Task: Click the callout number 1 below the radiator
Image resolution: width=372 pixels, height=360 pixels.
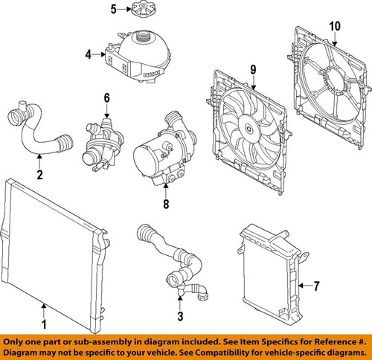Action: [44, 324]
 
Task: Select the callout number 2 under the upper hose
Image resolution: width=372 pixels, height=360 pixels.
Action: [39, 175]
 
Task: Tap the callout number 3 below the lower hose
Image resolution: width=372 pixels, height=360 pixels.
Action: [180, 316]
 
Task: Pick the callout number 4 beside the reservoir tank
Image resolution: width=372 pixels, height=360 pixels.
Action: [89, 54]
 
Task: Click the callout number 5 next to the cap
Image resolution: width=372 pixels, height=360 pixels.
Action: [113, 10]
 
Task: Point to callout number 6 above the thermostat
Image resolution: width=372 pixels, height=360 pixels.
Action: [106, 98]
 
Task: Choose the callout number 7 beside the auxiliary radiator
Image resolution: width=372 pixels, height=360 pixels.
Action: [316, 286]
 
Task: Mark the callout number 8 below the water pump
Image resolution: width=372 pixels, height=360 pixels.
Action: [166, 204]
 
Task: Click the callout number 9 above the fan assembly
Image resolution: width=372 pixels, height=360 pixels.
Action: [253, 70]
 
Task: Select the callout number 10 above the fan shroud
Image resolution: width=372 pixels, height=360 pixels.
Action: [335, 26]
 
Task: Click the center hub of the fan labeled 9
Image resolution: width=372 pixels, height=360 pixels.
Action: [248, 129]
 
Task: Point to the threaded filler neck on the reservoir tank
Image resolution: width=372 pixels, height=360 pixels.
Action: [142, 37]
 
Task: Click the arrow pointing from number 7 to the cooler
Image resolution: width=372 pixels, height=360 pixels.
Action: [304, 286]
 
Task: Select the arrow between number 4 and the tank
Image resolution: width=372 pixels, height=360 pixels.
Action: [99, 54]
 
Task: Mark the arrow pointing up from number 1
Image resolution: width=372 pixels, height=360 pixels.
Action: [44, 311]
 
